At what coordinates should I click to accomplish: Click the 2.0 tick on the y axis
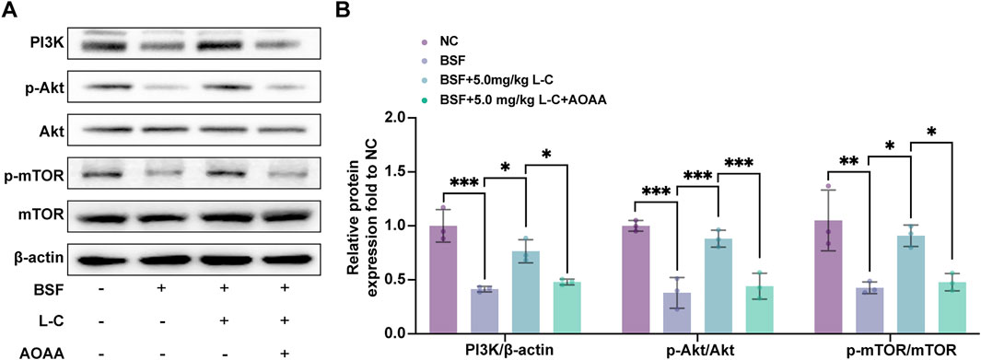pos(398,118)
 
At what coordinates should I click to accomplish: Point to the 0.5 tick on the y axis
pos(398,280)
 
